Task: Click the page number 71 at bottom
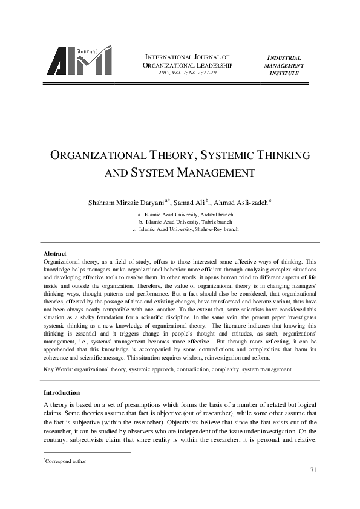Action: (313, 470)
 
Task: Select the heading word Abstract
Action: (54, 253)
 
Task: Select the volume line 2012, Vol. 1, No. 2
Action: (187, 73)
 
